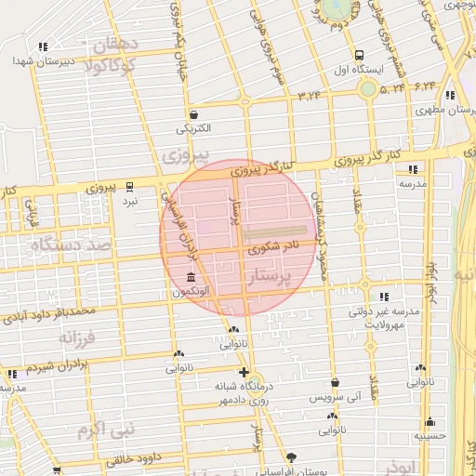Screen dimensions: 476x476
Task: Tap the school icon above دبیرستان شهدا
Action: [43, 46]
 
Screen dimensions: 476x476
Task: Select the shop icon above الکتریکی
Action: [193, 114]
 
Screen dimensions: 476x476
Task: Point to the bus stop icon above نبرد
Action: [131, 186]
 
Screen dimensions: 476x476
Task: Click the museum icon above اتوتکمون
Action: [191, 278]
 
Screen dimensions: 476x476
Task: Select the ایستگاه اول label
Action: [354, 70]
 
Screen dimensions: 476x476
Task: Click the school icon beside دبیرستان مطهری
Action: [450, 96]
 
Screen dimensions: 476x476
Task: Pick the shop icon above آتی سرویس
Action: [334, 382]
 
